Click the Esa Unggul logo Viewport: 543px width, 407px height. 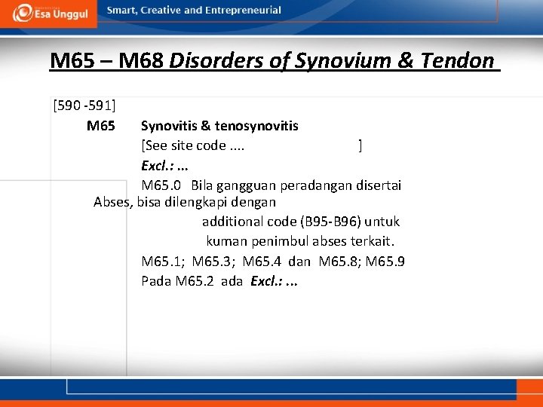[49, 13]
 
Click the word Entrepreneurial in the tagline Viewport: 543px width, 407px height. [244, 11]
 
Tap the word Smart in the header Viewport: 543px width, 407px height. [122, 11]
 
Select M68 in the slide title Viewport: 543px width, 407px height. [142, 60]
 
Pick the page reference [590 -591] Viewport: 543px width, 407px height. [84, 105]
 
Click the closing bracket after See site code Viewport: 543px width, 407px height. [360, 145]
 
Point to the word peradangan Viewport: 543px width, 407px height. [305, 185]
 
